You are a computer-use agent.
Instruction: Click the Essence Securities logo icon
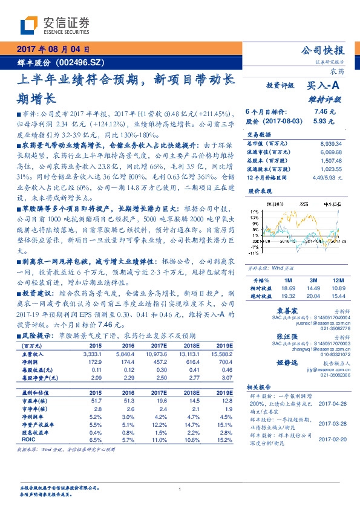tap(31, 25)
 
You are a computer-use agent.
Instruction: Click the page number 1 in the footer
tap(180, 490)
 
